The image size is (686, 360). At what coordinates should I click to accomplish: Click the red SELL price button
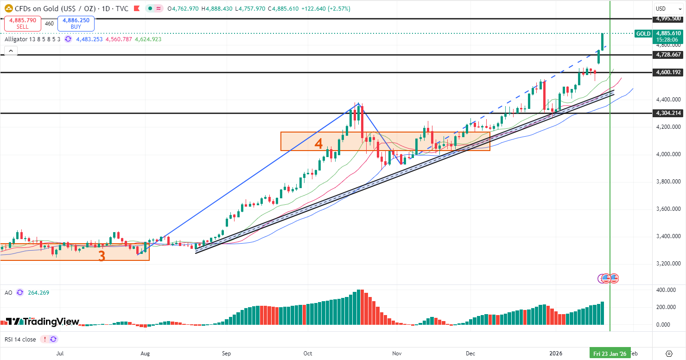click(x=23, y=24)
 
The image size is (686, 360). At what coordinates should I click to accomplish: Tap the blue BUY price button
click(x=76, y=24)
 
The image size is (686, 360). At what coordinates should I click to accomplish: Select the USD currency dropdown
click(x=667, y=9)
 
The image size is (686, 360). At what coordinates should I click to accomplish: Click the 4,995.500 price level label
click(x=668, y=19)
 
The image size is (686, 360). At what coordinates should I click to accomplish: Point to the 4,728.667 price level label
click(x=668, y=55)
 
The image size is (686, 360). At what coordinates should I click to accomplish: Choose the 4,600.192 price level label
click(x=668, y=72)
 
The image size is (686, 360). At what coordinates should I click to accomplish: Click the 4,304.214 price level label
click(x=668, y=113)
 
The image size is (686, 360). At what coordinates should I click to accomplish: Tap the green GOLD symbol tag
click(x=643, y=33)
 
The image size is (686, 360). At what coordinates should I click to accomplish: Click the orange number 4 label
click(x=318, y=144)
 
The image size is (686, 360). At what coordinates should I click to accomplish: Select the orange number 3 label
click(x=102, y=255)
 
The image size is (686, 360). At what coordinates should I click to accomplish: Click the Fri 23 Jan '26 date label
click(x=610, y=354)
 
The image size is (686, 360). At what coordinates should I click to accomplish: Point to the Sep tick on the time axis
click(x=226, y=354)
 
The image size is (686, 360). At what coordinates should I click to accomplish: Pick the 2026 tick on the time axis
click(x=556, y=354)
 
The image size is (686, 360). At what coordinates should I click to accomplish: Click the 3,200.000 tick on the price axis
click(x=667, y=264)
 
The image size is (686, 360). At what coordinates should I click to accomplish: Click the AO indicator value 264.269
click(x=38, y=293)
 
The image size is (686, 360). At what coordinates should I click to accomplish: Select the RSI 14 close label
click(x=20, y=339)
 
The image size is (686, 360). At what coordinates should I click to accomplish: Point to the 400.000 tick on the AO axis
click(x=666, y=290)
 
